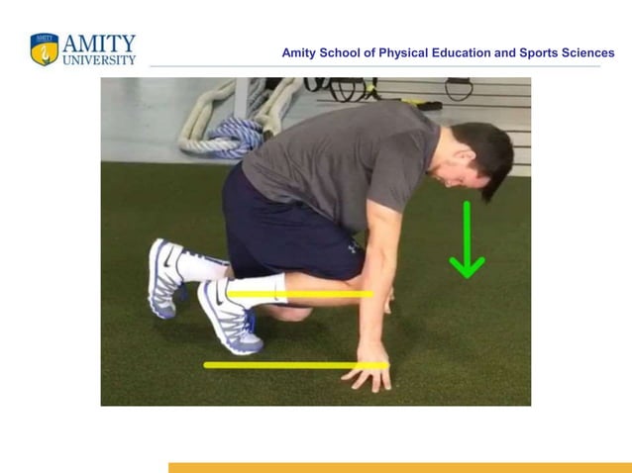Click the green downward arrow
click(x=467, y=242)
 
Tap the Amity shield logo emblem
click(x=45, y=49)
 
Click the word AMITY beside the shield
click(x=99, y=44)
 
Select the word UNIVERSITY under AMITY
click(x=99, y=60)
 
